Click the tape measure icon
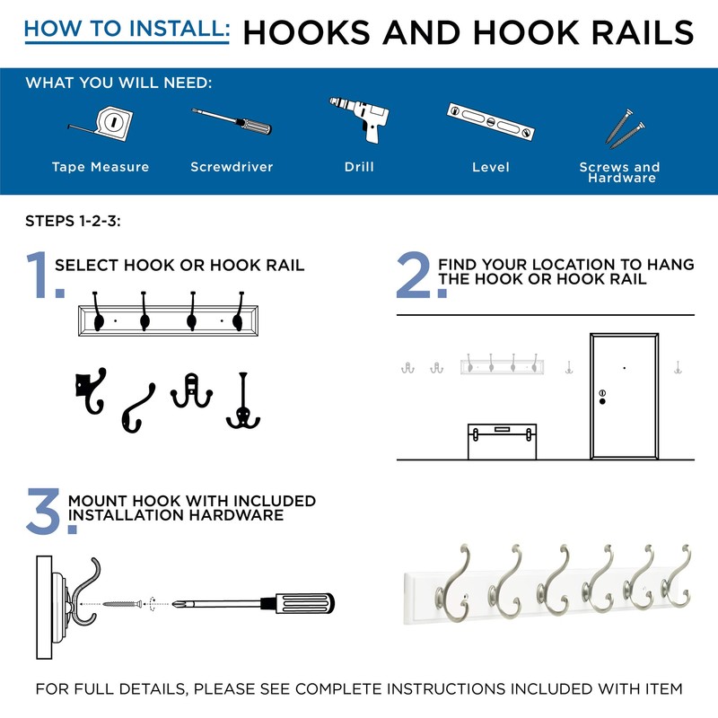click(106, 123)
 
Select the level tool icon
click(491, 122)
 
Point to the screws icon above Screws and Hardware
click(622, 127)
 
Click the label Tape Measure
click(101, 167)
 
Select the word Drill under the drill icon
click(359, 167)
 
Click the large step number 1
click(43, 274)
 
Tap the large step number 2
click(416, 276)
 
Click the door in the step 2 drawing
click(623, 395)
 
